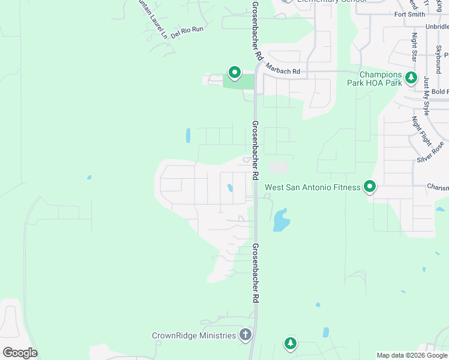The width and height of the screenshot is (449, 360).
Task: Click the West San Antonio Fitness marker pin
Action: click(x=370, y=187)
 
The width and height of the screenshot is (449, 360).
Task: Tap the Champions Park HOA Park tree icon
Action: click(x=411, y=77)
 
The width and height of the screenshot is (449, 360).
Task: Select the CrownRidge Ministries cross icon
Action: click(x=245, y=335)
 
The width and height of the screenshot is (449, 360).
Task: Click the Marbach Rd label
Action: click(x=283, y=71)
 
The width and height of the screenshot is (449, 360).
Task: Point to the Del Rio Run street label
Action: click(x=187, y=32)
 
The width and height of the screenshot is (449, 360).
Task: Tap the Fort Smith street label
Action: click(x=409, y=14)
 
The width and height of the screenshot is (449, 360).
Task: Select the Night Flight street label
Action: click(x=421, y=131)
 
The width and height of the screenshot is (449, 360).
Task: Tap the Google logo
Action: click(x=20, y=353)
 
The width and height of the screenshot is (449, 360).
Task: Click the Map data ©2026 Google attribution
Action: click(x=411, y=355)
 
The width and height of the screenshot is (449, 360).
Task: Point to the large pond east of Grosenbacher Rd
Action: click(x=280, y=220)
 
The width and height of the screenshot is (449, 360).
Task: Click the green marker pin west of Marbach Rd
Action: click(x=234, y=73)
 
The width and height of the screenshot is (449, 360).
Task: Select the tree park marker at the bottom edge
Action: click(x=290, y=343)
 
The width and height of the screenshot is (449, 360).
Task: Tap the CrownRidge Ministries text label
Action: click(x=194, y=335)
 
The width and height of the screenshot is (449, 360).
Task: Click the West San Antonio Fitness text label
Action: click(x=312, y=187)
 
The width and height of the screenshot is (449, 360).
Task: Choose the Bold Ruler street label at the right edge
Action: click(x=439, y=92)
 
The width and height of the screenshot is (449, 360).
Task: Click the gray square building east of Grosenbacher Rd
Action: click(x=278, y=167)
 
